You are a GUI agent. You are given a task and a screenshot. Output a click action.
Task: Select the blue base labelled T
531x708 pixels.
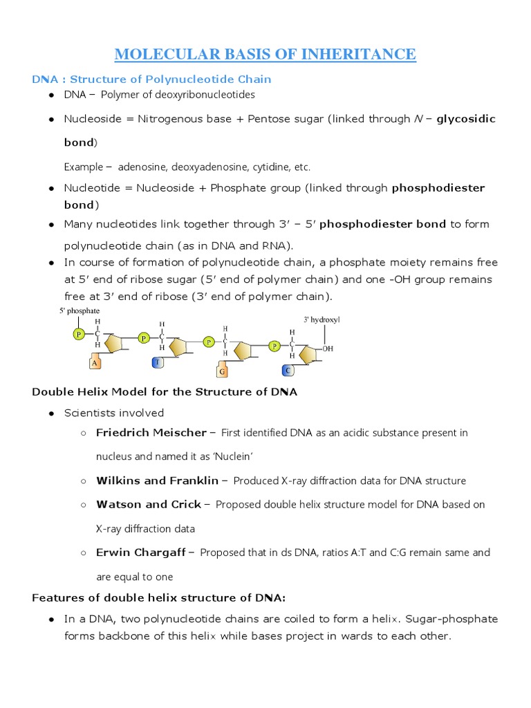tap(158, 362)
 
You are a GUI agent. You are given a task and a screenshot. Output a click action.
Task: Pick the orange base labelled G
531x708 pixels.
tap(223, 371)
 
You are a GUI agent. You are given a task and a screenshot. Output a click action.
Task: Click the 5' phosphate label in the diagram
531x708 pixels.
tap(80, 311)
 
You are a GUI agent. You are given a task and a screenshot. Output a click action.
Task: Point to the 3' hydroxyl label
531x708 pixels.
tap(322, 319)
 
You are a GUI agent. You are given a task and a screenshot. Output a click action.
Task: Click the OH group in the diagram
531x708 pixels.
tap(328, 349)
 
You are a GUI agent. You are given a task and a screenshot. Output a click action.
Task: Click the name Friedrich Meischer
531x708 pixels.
tap(151, 433)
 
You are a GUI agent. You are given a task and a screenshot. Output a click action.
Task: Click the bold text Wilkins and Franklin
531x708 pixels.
tap(157, 481)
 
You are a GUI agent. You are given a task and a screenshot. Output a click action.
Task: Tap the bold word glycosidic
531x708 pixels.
tap(466, 119)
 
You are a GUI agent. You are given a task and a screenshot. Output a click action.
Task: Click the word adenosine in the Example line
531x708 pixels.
tap(142, 167)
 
